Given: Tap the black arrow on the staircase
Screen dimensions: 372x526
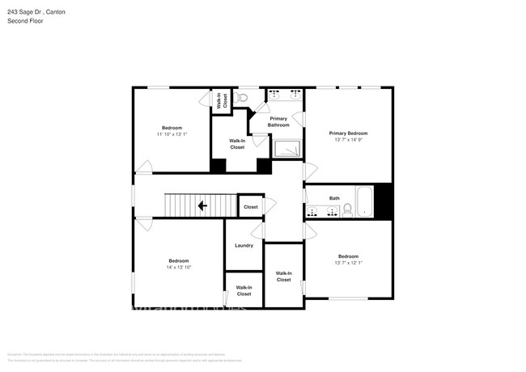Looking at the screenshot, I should coord(201,206).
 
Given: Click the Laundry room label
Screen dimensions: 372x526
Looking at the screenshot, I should coord(244,246).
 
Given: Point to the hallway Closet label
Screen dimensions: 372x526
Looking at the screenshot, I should coord(251,207).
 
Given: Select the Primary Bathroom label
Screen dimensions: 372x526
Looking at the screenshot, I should coord(278,122).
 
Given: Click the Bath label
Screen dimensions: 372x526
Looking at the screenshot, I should coord(334,198).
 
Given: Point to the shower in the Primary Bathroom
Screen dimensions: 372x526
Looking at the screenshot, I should coord(288,149).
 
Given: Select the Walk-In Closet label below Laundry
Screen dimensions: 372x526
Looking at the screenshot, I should coord(244,291).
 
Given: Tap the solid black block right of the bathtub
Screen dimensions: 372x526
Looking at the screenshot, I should coord(383,201).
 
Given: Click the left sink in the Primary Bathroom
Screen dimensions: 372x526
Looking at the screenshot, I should coord(274,94).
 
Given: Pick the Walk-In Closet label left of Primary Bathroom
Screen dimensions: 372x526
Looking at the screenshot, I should coord(237,145).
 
